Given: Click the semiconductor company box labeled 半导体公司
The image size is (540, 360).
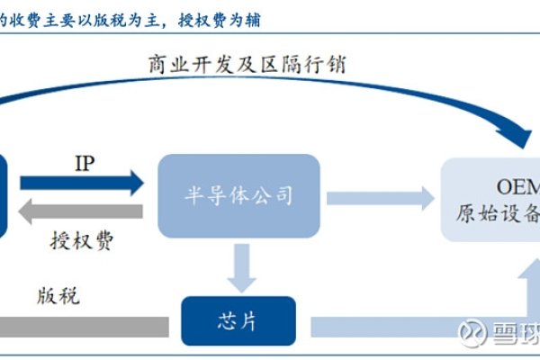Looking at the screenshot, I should (238, 196).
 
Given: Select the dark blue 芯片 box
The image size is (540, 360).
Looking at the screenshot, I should (238, 319).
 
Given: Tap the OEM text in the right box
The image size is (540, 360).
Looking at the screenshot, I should (517, 186).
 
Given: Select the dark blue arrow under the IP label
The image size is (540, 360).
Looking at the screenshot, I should (81, 184).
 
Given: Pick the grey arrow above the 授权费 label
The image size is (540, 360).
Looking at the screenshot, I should (81, 212).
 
